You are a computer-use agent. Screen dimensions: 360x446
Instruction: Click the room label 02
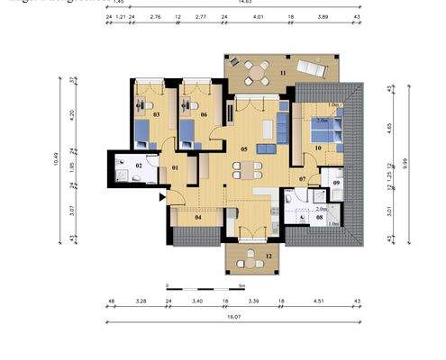click(140, 166)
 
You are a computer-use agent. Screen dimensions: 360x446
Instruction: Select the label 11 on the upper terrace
click(282, 71)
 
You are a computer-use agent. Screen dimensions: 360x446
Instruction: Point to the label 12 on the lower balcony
click(269, 256)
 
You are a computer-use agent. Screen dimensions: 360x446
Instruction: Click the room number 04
click(197, 217)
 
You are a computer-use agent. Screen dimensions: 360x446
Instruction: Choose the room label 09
click(335, 184)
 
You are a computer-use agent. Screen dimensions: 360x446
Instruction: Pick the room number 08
click(320, 218)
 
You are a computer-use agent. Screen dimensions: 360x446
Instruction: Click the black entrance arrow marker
click(162, 196)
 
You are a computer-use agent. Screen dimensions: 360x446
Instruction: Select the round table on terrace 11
click(259, 68)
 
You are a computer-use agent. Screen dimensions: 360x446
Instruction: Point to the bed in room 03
click(144, 133)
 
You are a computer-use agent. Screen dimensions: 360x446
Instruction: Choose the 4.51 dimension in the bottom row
click(319, 301)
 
